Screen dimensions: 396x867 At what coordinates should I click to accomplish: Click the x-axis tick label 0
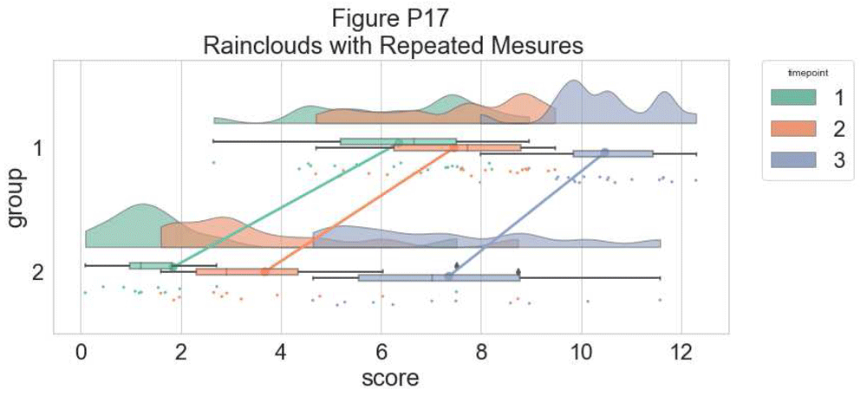click(81, 352)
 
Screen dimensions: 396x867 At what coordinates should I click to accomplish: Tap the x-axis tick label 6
click(381, 352)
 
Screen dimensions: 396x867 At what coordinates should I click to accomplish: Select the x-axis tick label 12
click(681, 352)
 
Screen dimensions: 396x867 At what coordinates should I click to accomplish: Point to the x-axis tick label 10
click(582, 352)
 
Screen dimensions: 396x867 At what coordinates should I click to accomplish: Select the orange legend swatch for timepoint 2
click(792, 128)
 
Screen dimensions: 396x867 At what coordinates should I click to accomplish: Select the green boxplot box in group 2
click(151, 266)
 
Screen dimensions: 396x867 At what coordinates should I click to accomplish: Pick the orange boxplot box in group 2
click(247, 272)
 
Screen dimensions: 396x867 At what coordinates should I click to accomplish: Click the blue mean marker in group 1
click(605, 153)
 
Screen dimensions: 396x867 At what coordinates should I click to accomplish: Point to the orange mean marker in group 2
click(265, 272)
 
